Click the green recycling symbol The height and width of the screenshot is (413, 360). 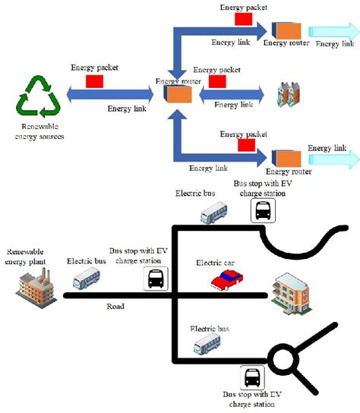(36, 96)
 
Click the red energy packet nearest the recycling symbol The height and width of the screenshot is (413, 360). (95, 80)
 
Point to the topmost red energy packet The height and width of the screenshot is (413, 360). (245, 18)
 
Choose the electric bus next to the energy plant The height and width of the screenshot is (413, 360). (86, 281)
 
